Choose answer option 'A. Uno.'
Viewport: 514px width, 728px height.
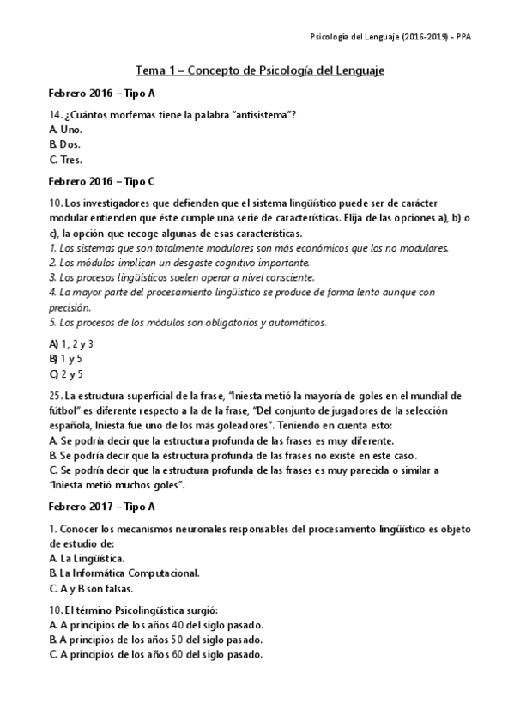[x=66, y=129]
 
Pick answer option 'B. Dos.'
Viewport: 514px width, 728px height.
[x=66, y=144]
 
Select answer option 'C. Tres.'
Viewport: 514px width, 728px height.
[x=67, y=159]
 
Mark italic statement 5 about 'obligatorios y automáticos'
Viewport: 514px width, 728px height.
[x=188, y=323]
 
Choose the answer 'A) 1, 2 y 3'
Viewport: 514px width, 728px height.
[x=71, y=344]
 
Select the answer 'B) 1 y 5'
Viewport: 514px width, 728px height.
[x=66, y=359]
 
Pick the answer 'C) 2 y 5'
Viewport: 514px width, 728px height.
[x=66, y=373]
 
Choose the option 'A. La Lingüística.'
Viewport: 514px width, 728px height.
[x=87, y=558]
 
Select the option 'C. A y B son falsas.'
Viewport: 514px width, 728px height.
[x=94, y=588]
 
